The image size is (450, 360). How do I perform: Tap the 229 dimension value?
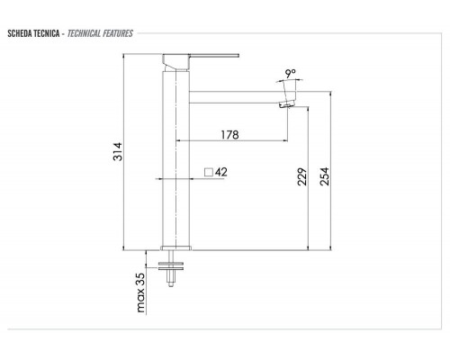pyautogui.click(x=301, y=176)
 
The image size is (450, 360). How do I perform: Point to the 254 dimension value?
pyautogui.click(x=325, y=176)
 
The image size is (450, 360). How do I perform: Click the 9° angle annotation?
pyautogui.click(x=289, y=76)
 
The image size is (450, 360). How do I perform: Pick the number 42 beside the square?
pyautogui.click(x=220, y=171)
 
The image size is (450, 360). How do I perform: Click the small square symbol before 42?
pyautogui.click(x=207, y=171)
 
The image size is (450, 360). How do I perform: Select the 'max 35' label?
pyautogui.click(x=139, y=294)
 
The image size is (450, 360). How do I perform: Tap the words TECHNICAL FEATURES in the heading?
pyautogui.click(x=101, y=33)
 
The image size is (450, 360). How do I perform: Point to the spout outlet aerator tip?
pyautogui.click(x=287, y=103)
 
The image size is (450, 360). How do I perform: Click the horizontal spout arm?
pyautogui.click(x=234, y=93)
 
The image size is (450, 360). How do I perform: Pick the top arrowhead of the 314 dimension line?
pyautogui.click(x=145, y=56)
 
